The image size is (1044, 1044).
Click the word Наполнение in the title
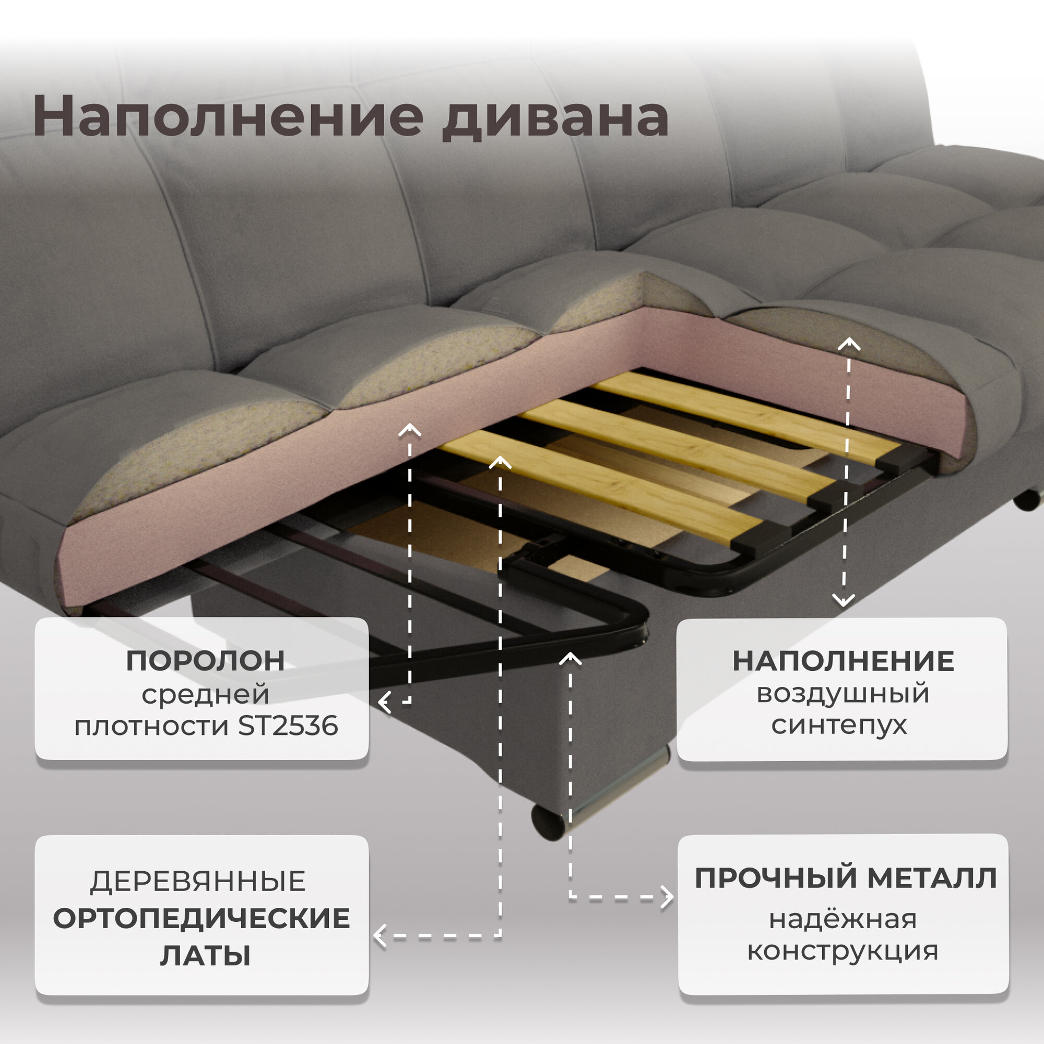[228, 116]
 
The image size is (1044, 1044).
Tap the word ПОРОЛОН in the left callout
[205, 661]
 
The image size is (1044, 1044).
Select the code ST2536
[288, 726]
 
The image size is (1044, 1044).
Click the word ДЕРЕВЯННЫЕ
[198, 882]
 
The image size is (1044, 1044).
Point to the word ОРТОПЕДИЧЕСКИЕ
[201, 919]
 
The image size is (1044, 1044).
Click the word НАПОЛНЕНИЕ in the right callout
[843, 661]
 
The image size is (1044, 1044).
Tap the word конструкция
[843, 951]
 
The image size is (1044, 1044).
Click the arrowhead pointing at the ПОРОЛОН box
[384, 703]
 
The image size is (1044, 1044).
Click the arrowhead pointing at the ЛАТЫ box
[380, 936]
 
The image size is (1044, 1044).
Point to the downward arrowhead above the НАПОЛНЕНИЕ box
[844, 600]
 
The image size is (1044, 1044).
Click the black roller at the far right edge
[1026, 500]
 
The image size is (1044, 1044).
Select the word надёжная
[843, 919]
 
